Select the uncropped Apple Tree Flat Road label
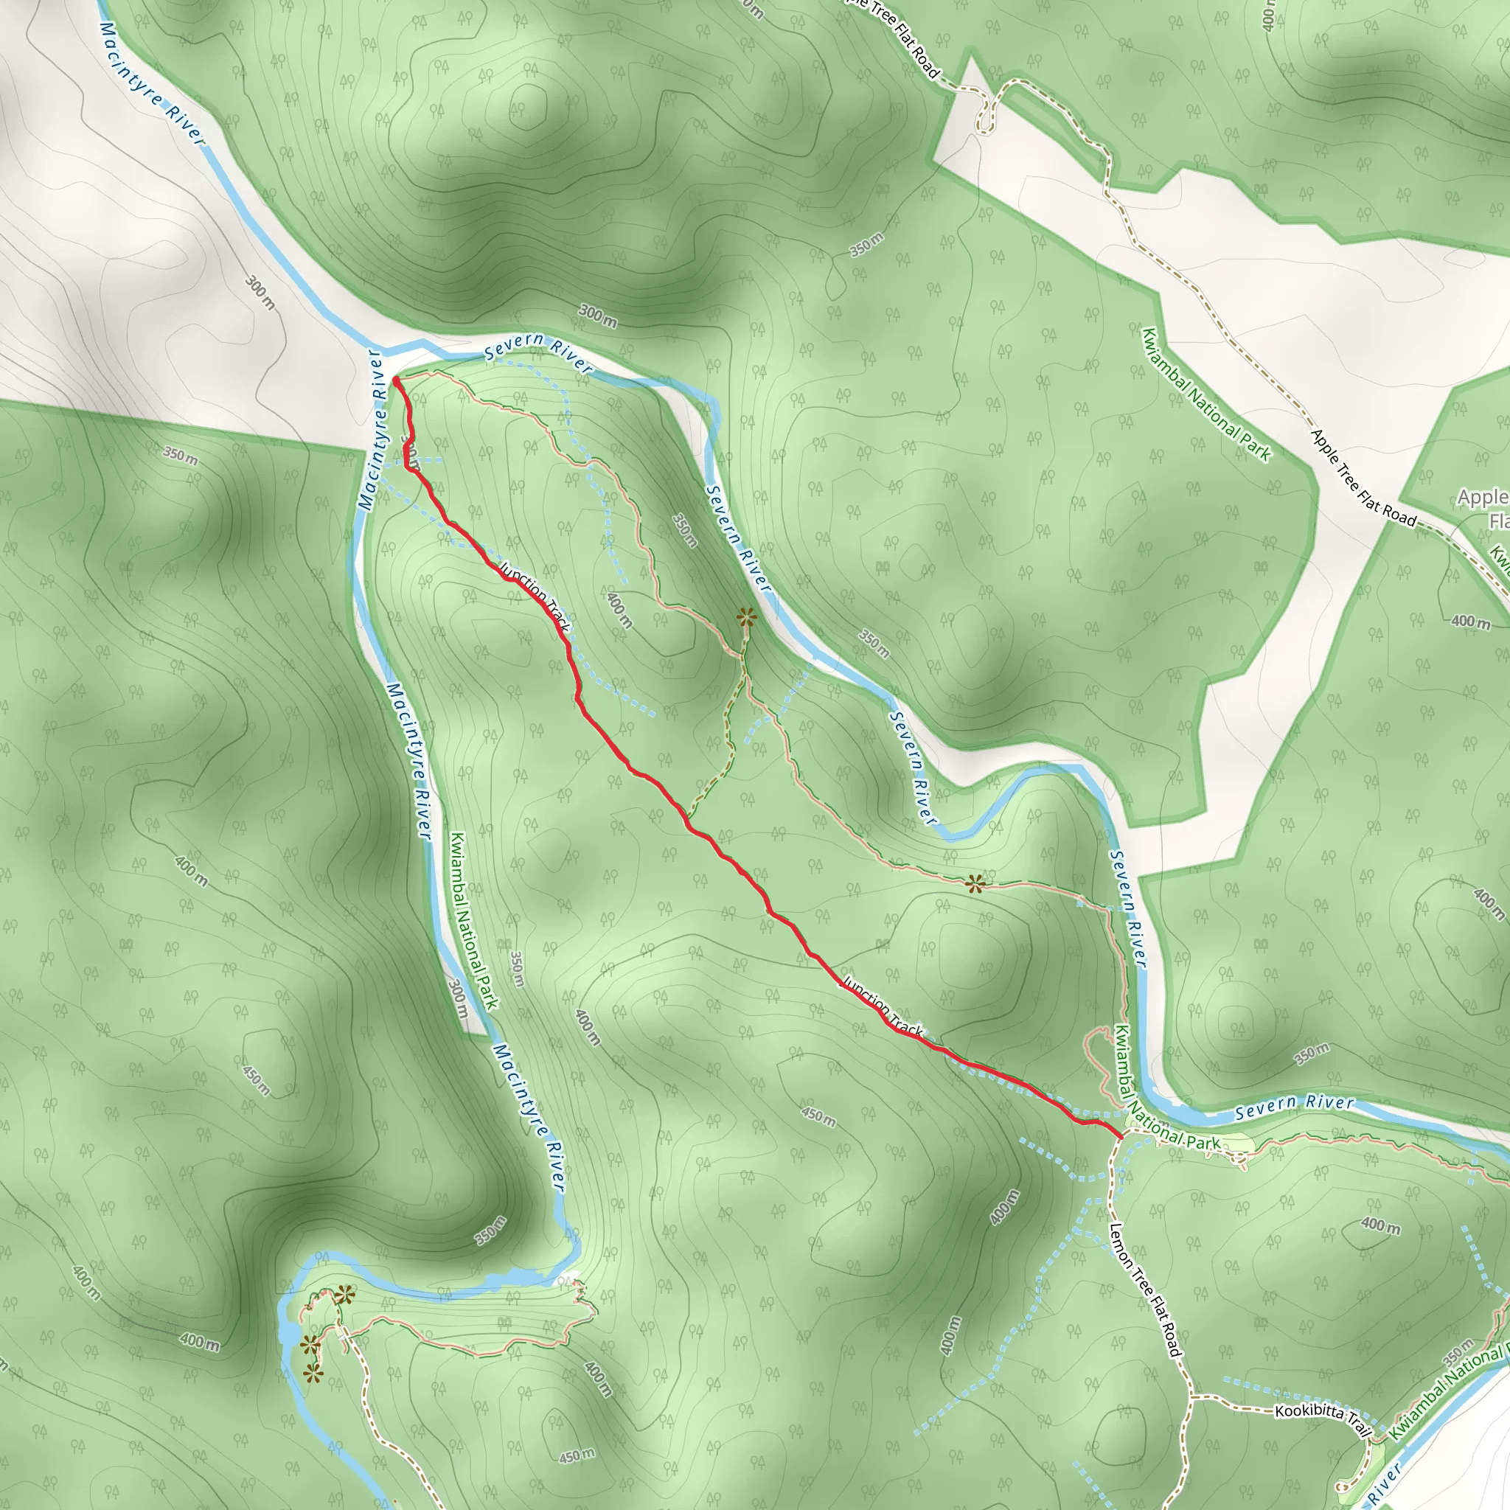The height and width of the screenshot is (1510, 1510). pos(1363,478)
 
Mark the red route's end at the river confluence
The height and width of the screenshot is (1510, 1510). pos(396,380)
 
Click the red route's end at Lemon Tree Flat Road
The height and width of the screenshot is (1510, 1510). pos(1121,1135)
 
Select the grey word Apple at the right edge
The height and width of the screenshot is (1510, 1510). pos(1482,497)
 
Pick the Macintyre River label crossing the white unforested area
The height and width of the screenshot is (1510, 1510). pos(152,83)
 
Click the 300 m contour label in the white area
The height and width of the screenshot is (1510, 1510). pos(260,292)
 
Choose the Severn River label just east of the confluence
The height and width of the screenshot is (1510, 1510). pos(537,352)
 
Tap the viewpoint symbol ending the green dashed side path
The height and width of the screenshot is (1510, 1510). pos(747,617)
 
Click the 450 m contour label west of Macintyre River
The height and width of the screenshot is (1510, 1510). pos(256,1079)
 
